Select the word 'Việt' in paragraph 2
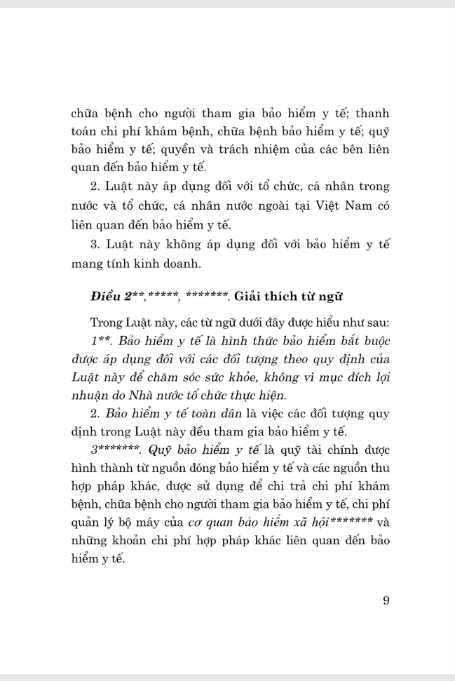(x=309, y=205)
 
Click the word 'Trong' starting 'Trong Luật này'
(x=107, y=323)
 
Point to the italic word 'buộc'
(x=372, y=342)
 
